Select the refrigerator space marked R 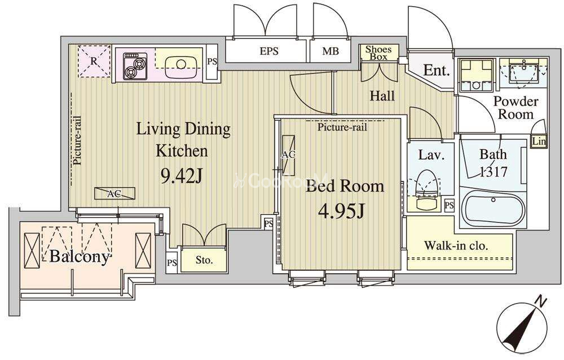tap(94, 61)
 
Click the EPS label tap(269, 51)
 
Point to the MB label tap(330, 51)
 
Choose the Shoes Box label tap(378, 53)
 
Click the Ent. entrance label tap(437, 70)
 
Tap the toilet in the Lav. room tap(426, 190)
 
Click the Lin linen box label tap(539, 142)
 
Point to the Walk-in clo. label tap(456, 246)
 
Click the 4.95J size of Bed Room tap(341, 212)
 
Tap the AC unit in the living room tap(115, 194)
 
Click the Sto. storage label tap(204, 260)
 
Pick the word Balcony tap(79, 257)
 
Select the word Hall tap(382, 96)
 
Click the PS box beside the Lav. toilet tap(449, 205)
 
